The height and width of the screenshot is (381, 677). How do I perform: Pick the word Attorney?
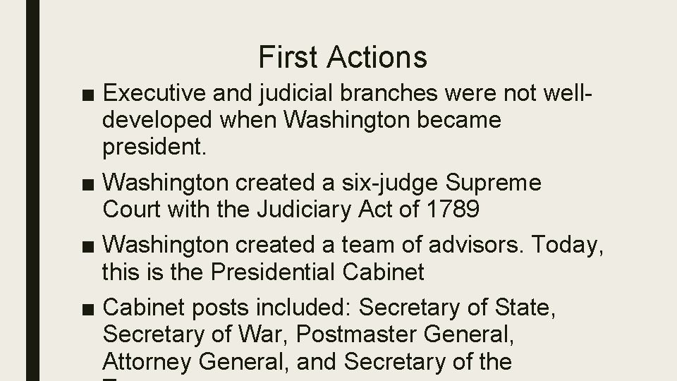[x=150, y=361]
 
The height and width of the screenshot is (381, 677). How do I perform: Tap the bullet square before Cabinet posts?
[x=90, y=309]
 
